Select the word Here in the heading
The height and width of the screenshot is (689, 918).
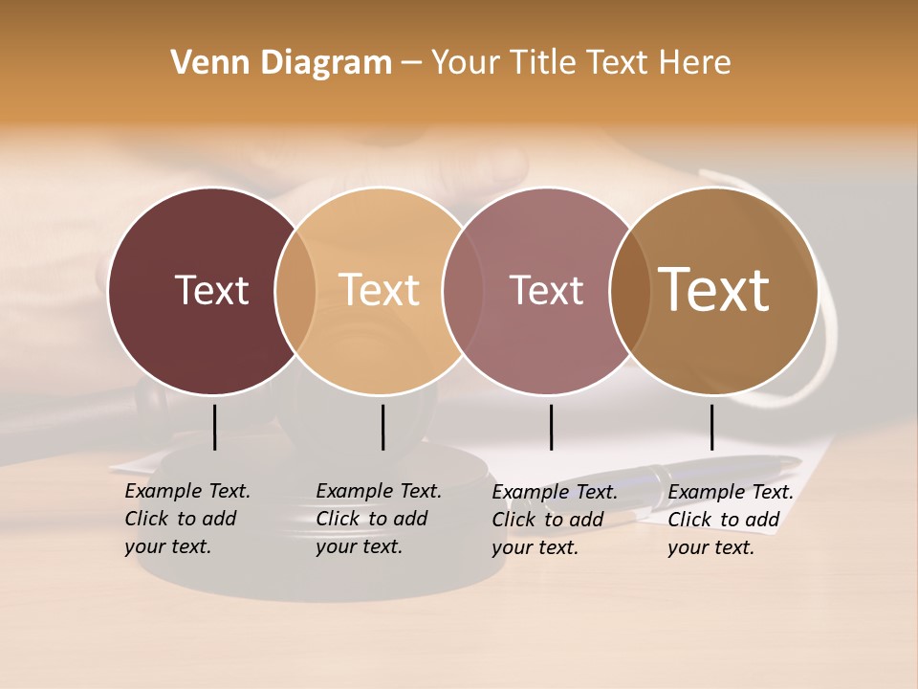pyautogui.click(x=694, y=63)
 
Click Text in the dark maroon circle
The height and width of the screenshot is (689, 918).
pyautogui.click(x=211, y=290)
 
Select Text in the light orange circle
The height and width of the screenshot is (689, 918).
pyautogui.click(x=379, y=290)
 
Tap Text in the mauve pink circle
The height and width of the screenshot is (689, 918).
pyautogui.click(x=546, y=290)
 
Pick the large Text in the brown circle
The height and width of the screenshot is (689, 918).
pyautogui.click(x=713, y=289)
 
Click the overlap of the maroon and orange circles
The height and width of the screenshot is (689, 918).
pyautogui.click(x=295, y=291)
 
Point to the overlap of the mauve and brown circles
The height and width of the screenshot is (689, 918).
pyautogui.click(x=626, y=291)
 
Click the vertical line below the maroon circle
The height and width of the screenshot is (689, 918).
pyautogui.click(x=214, y=427)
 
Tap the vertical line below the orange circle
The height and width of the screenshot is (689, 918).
pyautogui.click(x=382, y=427)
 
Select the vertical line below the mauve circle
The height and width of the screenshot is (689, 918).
pyautogui.click(x=551, y=427)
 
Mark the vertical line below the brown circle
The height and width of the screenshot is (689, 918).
pyautogui.click(x=711, y=427)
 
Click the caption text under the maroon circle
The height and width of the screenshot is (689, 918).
pyautogui.click(x=186, y=519)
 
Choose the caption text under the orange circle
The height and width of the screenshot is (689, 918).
pyautogui.click(x=378, y=519)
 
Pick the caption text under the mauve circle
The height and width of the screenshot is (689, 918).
pyautogui.click(x=554, y=520)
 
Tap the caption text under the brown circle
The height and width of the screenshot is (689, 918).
pyautogui.click(x=730, y=520)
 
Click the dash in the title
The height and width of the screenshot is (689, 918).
pyautogui.click(x=411, y=64)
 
